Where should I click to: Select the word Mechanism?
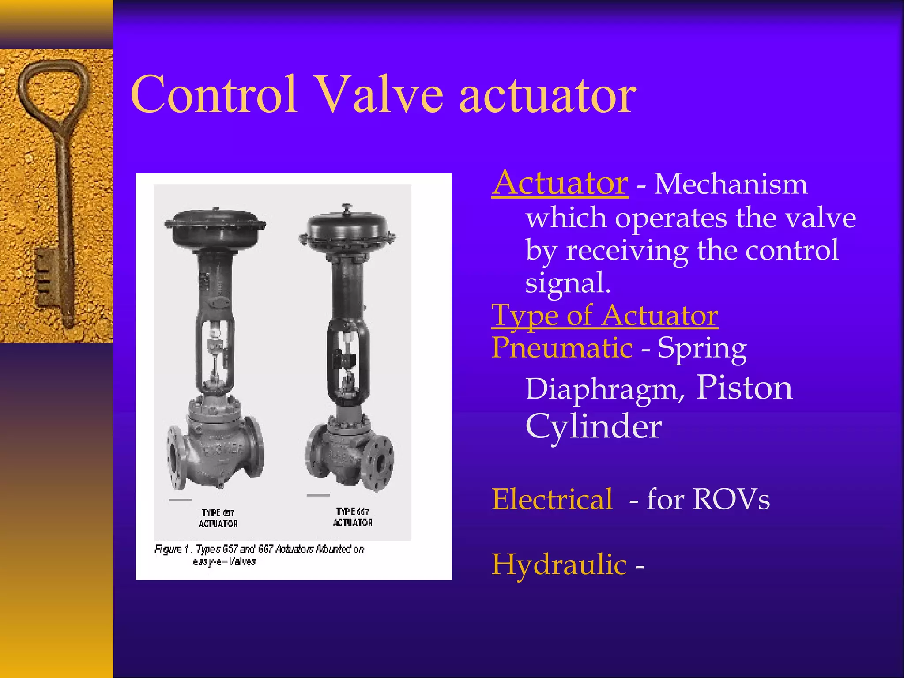(731, 184)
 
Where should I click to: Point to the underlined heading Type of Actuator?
(605, 315)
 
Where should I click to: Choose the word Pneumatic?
(562, 347)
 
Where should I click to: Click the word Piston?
(744, 388)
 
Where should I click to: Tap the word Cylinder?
(593, 426)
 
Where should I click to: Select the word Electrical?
(552, 499)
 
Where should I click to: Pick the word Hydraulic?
(559, 565)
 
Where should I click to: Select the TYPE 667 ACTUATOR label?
(352, 517)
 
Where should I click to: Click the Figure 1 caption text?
(259, 555)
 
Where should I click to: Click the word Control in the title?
(214, 94)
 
